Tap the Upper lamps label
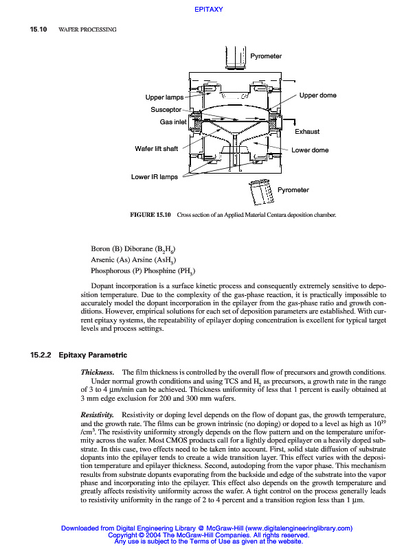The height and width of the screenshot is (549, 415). click(x=164, y=97)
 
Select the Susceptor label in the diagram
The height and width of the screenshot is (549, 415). click(x=166, y=110)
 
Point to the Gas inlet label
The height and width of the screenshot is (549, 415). click(x=173, y=121)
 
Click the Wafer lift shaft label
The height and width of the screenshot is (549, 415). click(x=157, y=149)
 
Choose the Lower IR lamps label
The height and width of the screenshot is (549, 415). click(x=155, y=176)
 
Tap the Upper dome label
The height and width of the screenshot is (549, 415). click(x=318, y=95)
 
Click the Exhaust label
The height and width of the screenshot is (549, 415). click(x=307, y=131)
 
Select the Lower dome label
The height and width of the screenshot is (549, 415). click(x=311, y=150)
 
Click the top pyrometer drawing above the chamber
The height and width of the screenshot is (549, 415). click(x=235, y=54)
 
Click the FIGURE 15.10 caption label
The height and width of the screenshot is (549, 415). click(x=150, y=215)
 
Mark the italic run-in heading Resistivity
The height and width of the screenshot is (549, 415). click(x=97, y=415)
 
